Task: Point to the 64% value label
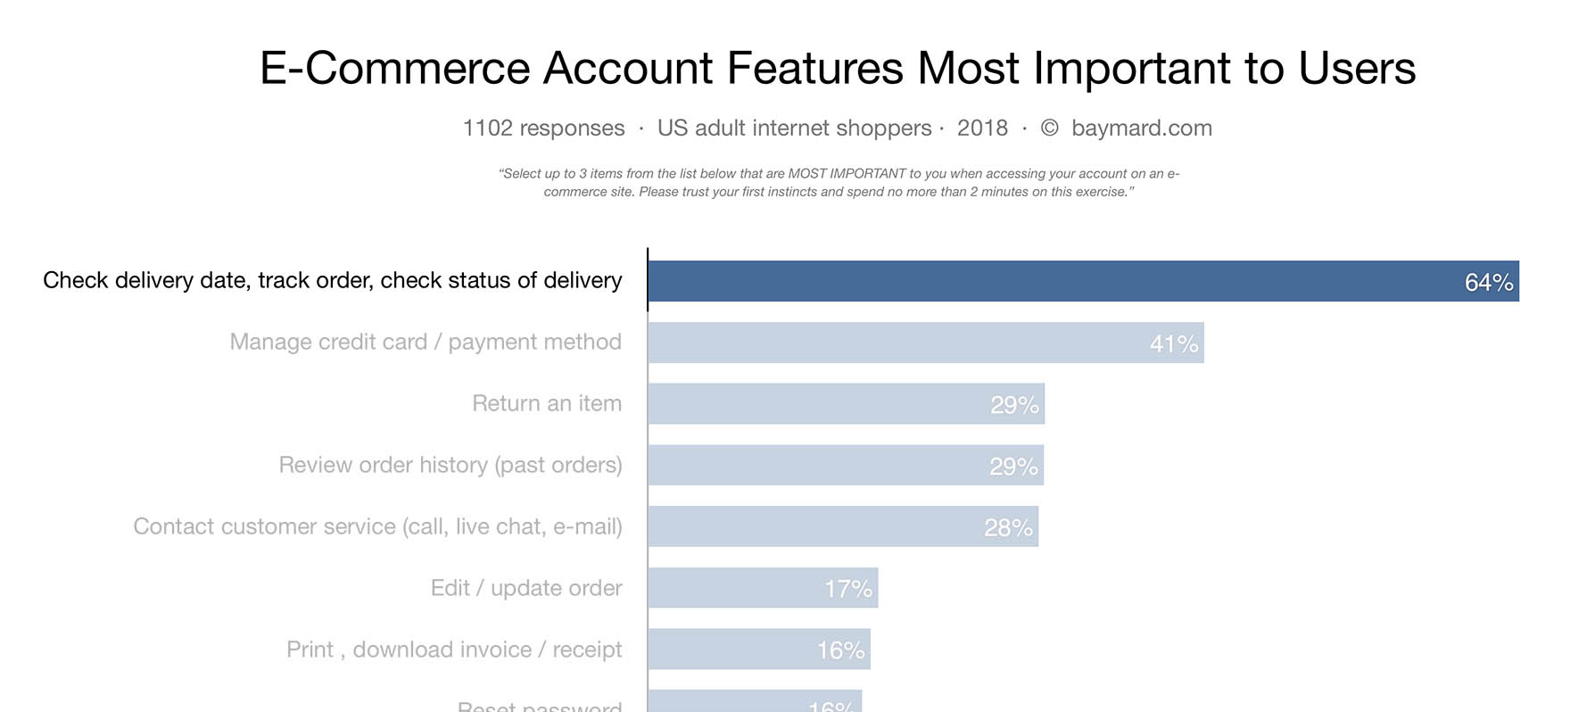[1489, 283]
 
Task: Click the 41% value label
[1174, 344]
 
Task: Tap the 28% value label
[1008, 528]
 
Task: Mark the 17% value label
[848, 589]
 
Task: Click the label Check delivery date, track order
[332, 280]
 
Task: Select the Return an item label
[546, 403]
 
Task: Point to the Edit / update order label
[526, 588]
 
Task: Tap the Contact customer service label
[377, 526]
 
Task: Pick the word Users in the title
[1357, 69]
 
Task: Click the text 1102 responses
[543, 128]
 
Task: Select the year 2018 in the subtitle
[982, 128]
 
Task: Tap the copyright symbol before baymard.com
[1050, 128]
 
